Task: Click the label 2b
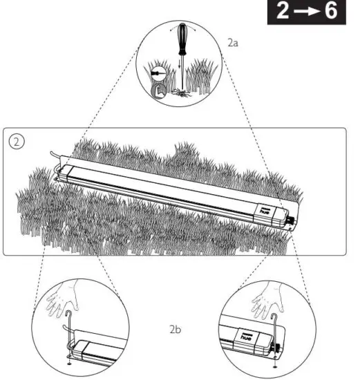[176, 330]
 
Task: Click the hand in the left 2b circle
[61, 298]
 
